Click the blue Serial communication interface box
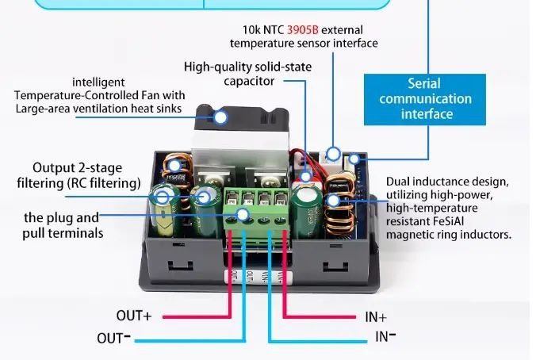(425, 99)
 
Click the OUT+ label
(133, 316)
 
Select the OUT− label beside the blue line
(114, 338)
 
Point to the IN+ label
(377, 316)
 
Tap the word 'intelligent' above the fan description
(98, 82)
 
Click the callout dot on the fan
(220, 117)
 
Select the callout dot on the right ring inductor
(334, 200)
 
